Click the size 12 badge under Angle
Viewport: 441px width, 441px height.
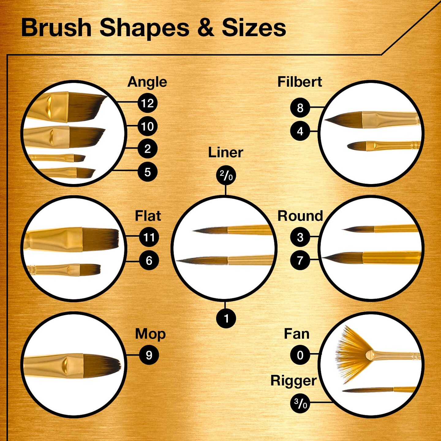click(x=148, y=103)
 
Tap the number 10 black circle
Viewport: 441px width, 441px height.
click(x=148, y=126)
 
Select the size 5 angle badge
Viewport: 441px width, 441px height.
click(x=148, y=171)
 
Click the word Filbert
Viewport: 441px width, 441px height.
click(x=300, y=82)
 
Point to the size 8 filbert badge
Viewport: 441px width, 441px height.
click(x=300, y=107)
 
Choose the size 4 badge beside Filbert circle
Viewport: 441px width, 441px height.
click(x=300, y=131)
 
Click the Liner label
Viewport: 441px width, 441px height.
click(x=225, y=153)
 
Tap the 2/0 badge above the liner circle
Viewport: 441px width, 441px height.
click(x=226, y=175)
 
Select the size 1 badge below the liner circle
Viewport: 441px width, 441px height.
click(x=226, y=318)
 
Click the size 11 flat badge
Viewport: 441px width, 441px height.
click(x=149, y=237)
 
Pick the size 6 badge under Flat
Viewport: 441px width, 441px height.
click(x=149, y=260)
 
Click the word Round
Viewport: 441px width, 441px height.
click(x=300, y=216)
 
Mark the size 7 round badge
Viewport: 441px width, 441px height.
click(x=300, y=260)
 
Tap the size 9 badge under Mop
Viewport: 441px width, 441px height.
click(x=149, y=355)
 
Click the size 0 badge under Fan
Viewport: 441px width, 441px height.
click(x=300, y=355)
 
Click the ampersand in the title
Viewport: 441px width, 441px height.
click(x=205, y=28)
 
